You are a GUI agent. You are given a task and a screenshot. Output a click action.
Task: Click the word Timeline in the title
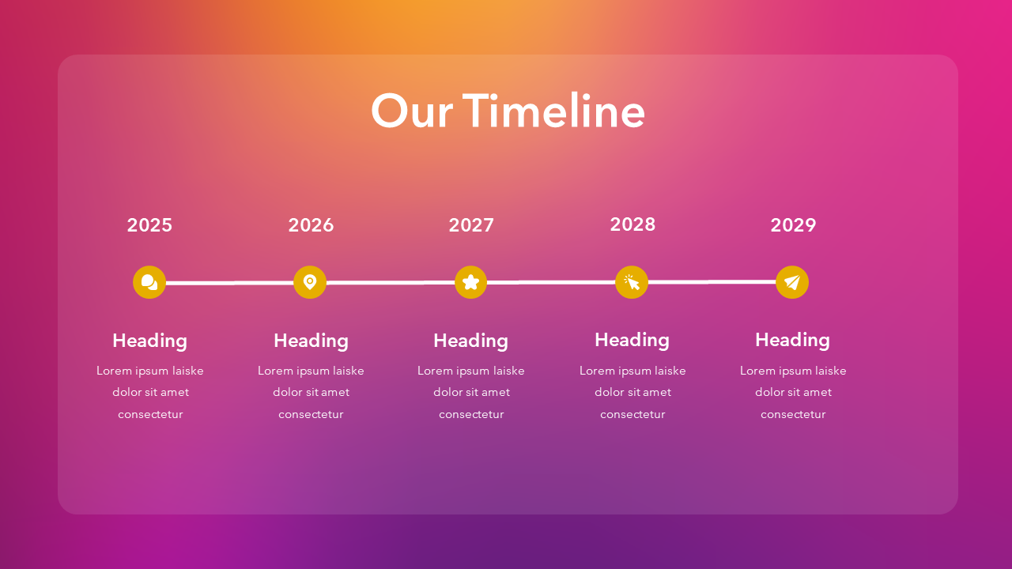(x=553, y=111)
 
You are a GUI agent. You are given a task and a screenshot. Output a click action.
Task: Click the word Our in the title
(x=411, y=111)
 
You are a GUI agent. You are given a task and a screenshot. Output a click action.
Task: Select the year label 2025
(x=149, y=225)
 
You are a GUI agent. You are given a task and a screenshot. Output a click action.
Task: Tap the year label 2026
(x=311, y=225)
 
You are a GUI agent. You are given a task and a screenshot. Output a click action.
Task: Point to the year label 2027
(x=471, y=225)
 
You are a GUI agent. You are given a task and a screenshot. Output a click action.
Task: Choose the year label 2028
(x=632, y=224)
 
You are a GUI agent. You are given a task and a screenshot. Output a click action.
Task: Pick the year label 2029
(x=793, y=225)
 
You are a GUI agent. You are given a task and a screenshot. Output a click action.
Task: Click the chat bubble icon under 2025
(x=149, y=282)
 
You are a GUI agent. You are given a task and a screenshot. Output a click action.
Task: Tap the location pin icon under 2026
(x=310, y=282)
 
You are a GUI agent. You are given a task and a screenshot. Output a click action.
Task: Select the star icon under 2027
(x=471, y=282)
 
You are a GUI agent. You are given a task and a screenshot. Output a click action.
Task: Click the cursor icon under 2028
(x=632, y=282)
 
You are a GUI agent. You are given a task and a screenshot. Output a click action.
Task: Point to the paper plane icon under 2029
(x=792, y=282)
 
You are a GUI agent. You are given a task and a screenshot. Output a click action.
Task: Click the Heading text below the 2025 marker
(x=149, y=341)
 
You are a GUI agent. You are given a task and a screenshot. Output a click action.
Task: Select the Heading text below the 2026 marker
(x=311, y=341)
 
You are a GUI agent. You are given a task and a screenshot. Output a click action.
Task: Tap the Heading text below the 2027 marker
(x=470, y=341)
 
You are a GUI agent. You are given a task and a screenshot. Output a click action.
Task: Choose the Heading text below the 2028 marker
(x=632, y=340)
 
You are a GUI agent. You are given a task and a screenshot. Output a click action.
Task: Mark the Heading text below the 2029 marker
(x=792, y=340)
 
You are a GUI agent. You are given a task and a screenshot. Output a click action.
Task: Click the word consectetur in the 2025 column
(x=150, y=414)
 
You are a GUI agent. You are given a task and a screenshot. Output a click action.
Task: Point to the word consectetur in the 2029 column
(x=793, y=414)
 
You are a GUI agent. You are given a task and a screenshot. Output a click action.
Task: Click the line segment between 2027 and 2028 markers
(x=551, y=282)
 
